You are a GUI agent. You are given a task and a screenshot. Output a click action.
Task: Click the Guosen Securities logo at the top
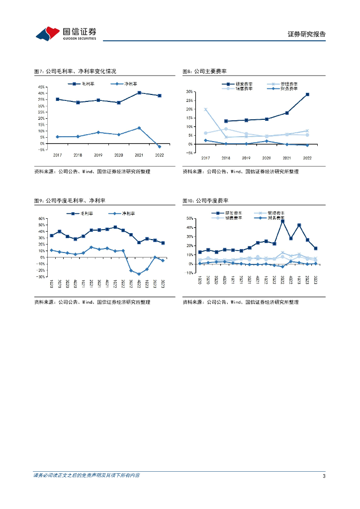(x=66, y=33)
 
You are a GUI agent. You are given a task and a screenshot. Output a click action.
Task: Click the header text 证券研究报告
(x=307, y=34)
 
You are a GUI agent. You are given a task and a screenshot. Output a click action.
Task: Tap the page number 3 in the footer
(x=324, y=476)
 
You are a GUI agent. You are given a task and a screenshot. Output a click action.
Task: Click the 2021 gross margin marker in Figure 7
(x=139, y=93)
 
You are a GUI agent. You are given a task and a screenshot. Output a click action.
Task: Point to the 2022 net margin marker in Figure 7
(x=160, y=147)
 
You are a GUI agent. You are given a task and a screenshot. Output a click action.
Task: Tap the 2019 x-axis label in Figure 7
(x=98, y=155)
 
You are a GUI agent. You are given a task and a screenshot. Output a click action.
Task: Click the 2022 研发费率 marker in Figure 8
(x=307, y=94)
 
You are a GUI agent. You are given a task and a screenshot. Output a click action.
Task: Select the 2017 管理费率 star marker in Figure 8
(x=205, y=109)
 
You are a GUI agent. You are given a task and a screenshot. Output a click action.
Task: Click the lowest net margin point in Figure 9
(x=139, y=274)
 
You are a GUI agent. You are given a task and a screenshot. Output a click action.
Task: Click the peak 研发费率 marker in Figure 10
(x=282, y=221)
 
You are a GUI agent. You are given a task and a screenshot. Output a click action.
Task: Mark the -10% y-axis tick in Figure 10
(x=189, y=273)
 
